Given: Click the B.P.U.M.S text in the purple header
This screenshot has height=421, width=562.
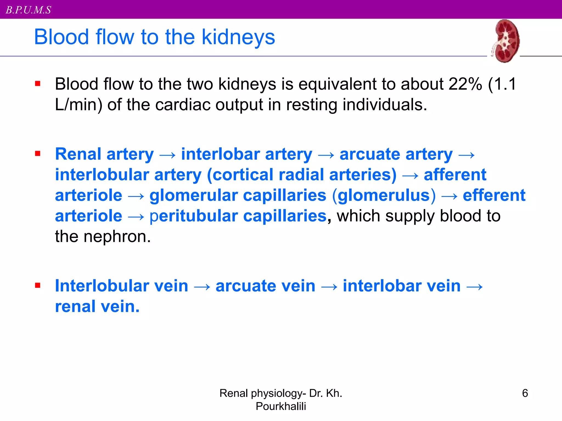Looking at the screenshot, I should pyautogui.click(x=29, y=10).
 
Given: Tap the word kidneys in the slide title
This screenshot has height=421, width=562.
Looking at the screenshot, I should pyautogui.click(x=238, y=37).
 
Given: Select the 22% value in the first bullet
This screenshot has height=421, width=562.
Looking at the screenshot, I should pyautogui.click(x=465, y=84).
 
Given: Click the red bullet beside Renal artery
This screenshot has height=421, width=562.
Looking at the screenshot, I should pyautogui.click(x=38, y=153).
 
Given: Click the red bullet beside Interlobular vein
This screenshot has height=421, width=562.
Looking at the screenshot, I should pyautogui.click(x=38, y=286).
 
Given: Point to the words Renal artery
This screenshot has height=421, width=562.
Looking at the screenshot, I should pyautogui.click(x=104, y=154).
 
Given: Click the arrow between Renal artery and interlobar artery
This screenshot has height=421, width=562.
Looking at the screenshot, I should pyautogui.click(x=167, y=155).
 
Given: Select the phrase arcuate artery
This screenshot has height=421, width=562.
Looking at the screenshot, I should pyautogui.click(x=396, y=154).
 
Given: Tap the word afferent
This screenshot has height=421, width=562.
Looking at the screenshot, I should pyautogui.click(x=455, y=175).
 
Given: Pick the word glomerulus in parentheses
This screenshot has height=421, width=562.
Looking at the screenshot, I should pyautogui.click(x=384, y=196).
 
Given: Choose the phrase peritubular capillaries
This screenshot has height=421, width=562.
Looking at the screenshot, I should pyautogui.click(x=238, y=216).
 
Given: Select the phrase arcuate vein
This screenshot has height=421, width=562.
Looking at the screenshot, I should pyautogui.click(x=265, y=286).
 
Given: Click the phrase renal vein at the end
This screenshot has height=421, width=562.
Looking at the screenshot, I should pyautogui.click(x=97, y=306).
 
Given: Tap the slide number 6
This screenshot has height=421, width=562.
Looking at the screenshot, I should pyautogui.click(x=525, y=393).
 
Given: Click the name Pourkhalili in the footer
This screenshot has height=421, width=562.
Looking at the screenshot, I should pyautogui.click(x=281, y=406).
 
